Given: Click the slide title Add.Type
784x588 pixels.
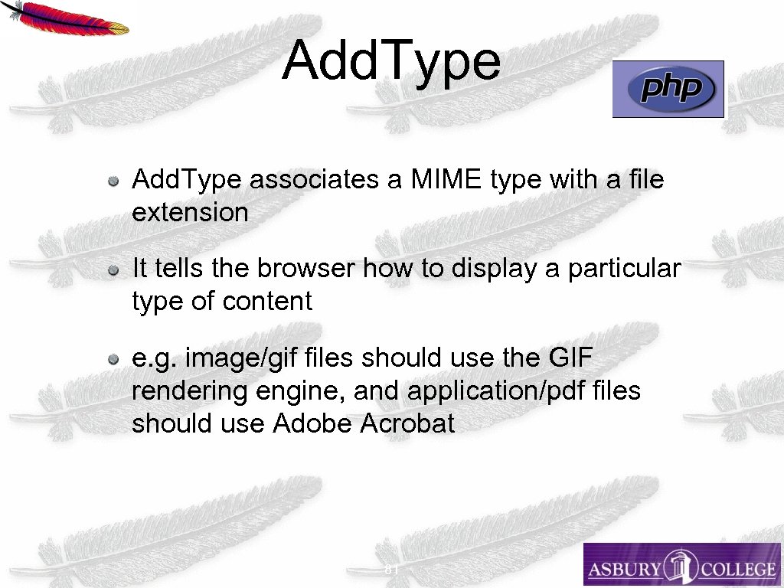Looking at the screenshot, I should coord(391,61).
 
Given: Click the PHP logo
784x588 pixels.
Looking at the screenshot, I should coord(668,90).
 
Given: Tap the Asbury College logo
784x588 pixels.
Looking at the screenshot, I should coord(681,565).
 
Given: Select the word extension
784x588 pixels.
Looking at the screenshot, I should coord(190,212).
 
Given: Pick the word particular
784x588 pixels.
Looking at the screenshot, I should coord(624,269).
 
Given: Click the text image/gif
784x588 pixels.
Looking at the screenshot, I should coord(241,358).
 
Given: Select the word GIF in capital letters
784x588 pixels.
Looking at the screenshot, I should coord(571,358).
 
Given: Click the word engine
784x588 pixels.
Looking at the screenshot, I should coord(303,391).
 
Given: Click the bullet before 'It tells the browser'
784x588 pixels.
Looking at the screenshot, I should coord(113,269).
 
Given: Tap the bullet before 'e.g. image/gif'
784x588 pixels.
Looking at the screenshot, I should coord(113,358).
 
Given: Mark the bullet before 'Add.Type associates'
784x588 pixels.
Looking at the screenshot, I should coord(113,181).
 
